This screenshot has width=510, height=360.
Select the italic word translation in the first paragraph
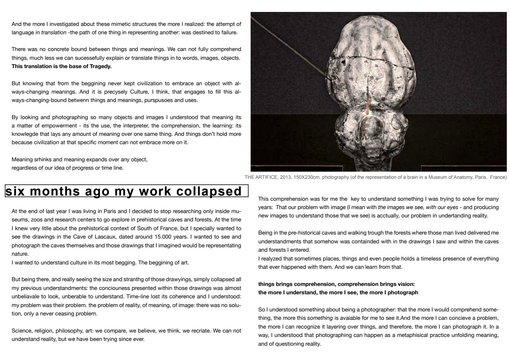[54, 33]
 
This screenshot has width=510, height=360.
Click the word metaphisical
[400, 335]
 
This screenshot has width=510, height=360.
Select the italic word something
[320, 318]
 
